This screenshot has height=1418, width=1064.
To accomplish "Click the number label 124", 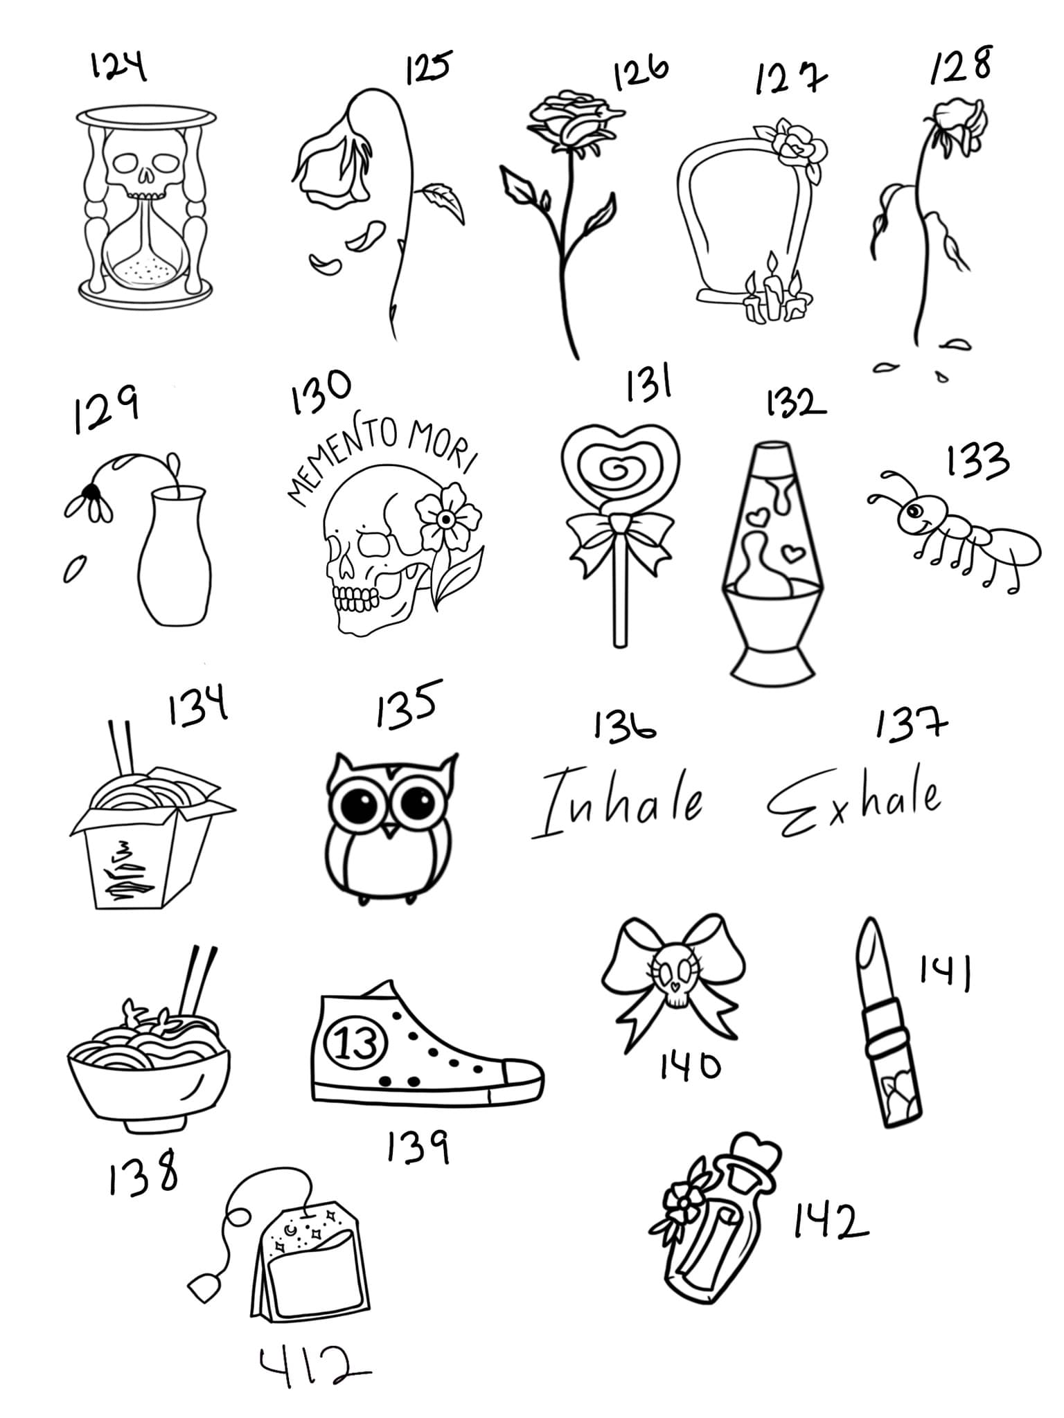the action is point(118,68).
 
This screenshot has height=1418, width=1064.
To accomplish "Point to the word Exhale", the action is point(854,803).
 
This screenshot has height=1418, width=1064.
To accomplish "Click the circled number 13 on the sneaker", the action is point(358,1042).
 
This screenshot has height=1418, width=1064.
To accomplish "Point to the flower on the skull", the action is point(447,519).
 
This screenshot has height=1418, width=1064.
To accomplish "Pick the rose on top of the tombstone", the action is point(793,145).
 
